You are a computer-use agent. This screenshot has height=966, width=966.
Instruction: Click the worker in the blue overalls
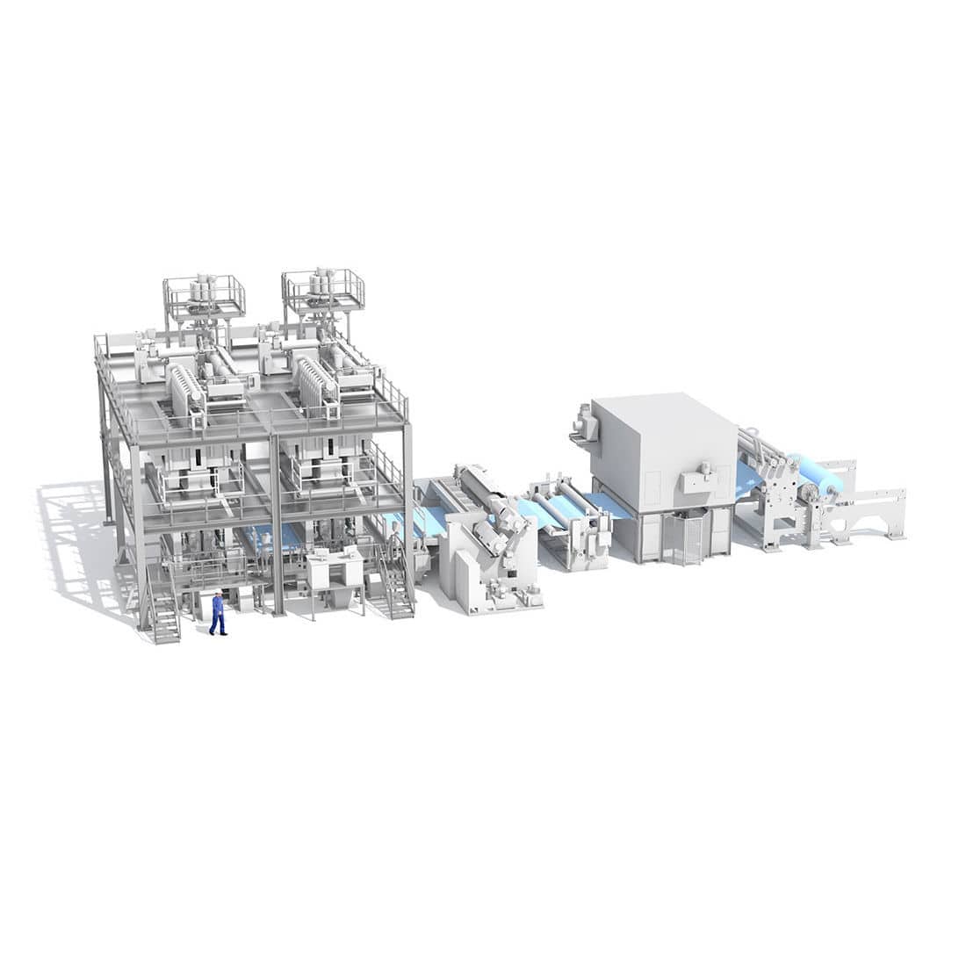217,615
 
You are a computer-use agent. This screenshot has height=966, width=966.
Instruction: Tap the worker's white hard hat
217,594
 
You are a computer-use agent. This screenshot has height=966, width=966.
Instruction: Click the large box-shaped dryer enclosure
663,448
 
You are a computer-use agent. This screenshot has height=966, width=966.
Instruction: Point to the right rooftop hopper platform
322,292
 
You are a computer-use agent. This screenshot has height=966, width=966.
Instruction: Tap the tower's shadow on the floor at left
79,544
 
